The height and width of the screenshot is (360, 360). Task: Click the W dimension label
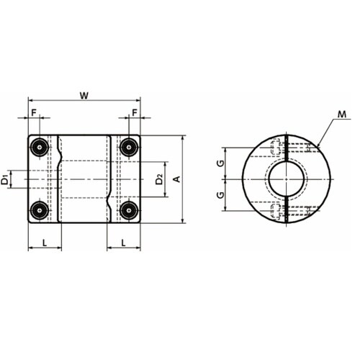tap(84, 96)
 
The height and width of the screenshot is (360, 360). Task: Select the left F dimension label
tap(34, 112)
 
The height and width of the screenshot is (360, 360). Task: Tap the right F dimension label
tap(135, 112)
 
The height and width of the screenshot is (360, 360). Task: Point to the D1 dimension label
tap(5, 180)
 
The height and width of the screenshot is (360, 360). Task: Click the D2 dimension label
tap(159, 179)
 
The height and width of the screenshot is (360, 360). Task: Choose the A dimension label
tap(177, 179)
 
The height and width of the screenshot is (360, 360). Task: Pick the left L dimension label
tap(45, 243)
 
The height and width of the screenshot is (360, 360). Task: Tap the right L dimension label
tap(123, 243)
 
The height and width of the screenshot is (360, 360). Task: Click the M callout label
tap(342, 114)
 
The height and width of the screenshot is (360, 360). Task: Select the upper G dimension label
tap(220, 163)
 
